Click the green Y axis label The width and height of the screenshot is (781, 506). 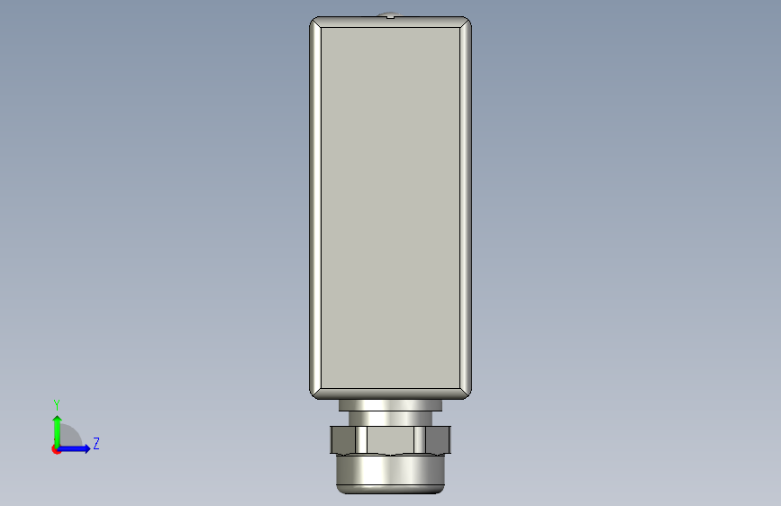click(x=57, y=404)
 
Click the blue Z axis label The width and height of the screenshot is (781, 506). click(x=96, y=443)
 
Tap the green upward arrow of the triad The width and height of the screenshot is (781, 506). click(x=58, y=431)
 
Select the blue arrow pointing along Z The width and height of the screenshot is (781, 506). click(x=74, y=448)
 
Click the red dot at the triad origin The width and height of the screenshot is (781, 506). click(x=56, y=449)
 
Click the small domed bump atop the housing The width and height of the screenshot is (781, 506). click(x=391, y=15)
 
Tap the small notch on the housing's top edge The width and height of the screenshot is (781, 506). click(x=391, y=17)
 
